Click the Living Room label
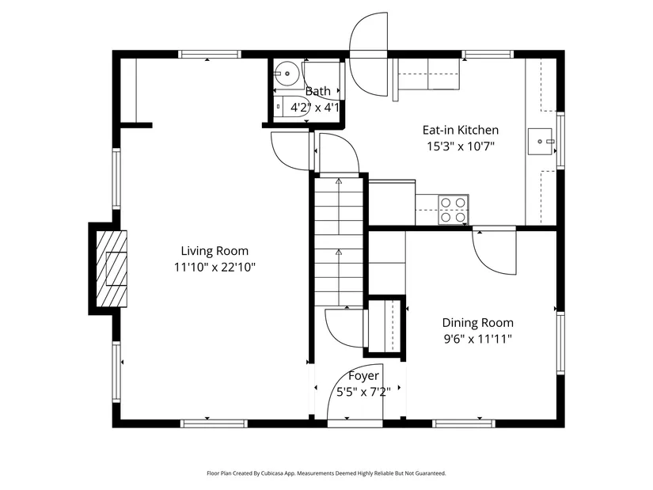[215, 251]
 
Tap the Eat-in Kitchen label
[461, 130]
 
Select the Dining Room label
[477, 323]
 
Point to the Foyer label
[363, 376]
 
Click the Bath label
[317, 91]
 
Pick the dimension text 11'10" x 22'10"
[215, 267]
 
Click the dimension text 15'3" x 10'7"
[461, 146]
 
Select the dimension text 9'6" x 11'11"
[477, 339]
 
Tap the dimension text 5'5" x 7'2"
[363, 392]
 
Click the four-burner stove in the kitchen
[453, 210]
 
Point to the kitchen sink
[540, 142]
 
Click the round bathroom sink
[285, 74]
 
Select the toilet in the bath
[290, 107]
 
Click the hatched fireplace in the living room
[112, 269]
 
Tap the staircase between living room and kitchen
[339, 241]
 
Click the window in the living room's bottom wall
[214, 424]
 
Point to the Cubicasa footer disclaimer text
[326, 473]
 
